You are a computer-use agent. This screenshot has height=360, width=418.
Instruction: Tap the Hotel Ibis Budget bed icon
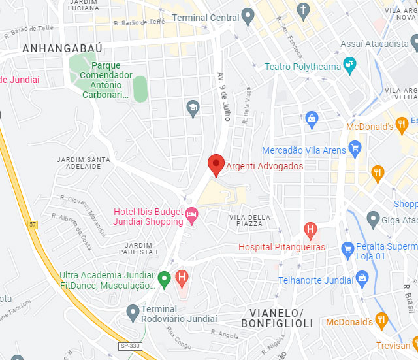(x=192, y=214)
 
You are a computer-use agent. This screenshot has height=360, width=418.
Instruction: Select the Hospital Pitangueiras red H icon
(x=311, y=230)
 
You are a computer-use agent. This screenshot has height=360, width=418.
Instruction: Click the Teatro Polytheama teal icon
(x=351, y=65)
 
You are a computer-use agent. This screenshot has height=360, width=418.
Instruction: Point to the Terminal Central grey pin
(x=248, y=15)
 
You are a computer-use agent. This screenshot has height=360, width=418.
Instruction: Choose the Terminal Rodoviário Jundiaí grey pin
(x=133, y=310)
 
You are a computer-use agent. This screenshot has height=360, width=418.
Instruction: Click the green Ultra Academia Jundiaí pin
(x=165, y=279)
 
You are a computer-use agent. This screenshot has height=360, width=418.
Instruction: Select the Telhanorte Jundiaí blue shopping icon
(x=362, y=279)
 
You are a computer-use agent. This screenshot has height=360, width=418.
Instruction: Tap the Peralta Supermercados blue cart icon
(x=347, y=249)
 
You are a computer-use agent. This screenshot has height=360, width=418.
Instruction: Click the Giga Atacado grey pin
(x=373, y=218)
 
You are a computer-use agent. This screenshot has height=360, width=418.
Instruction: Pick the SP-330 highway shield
(x=129, y=345)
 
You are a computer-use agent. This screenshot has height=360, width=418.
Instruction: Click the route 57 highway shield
(x=33, y=225)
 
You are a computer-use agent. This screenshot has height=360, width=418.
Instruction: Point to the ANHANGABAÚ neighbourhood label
(x=54, y=48)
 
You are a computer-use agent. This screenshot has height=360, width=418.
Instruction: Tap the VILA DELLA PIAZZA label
(x=246, y=220)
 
